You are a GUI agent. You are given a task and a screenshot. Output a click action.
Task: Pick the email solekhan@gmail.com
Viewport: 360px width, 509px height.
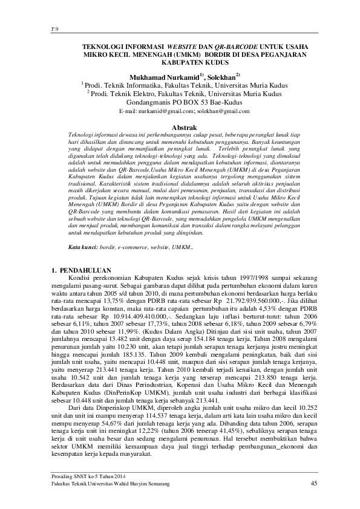[x=218, y=112]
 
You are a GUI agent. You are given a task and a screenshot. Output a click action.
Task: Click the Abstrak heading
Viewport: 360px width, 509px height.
[x=180, y=128]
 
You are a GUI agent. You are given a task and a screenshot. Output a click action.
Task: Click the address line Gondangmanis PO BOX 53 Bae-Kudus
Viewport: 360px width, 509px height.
[x=180, y=103]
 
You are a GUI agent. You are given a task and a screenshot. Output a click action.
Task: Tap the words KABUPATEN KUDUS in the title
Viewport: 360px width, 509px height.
[x=180, y=62]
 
